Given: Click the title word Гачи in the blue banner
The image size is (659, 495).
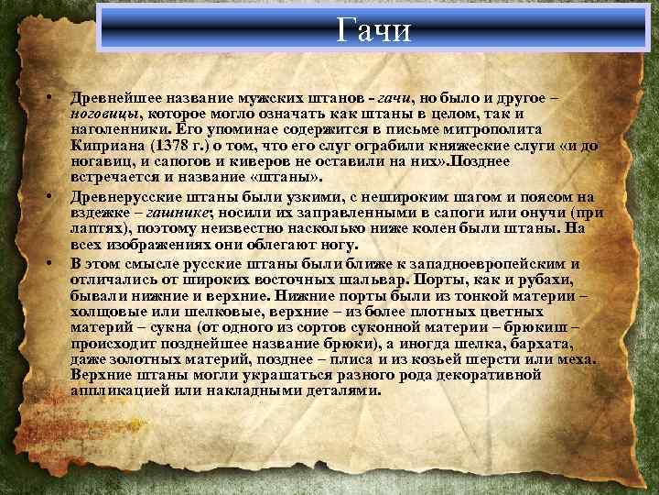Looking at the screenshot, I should point(374,29).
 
